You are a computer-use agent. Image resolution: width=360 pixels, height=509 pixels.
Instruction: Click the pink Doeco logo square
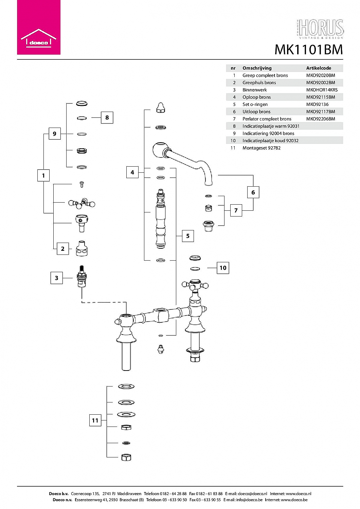39,27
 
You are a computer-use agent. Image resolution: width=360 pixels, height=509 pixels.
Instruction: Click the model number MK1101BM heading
309,50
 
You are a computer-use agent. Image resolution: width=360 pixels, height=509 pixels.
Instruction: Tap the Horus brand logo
320,29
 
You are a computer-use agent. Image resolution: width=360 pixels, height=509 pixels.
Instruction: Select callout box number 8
107,117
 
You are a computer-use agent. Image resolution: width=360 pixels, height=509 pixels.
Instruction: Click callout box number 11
95,420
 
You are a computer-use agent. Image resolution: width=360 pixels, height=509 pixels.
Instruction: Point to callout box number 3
56,278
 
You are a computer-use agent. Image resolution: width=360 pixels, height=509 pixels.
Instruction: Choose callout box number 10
223,268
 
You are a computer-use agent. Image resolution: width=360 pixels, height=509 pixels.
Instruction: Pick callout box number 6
253,192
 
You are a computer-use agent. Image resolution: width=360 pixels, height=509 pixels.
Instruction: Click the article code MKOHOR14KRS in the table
322,90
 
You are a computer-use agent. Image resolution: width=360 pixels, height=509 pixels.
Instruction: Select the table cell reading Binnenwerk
254,90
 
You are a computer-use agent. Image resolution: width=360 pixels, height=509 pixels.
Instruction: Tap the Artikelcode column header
318,68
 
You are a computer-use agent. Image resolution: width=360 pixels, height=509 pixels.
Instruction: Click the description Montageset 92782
261,148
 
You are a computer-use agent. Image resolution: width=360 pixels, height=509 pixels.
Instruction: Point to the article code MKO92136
317,104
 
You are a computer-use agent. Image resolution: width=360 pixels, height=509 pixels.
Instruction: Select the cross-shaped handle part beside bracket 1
82,203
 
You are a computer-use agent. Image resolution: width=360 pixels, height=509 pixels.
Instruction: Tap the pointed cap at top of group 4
161,108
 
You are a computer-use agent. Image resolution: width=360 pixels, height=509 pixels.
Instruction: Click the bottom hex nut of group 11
126,457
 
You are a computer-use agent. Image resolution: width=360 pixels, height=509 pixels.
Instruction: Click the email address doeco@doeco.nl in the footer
252,493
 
